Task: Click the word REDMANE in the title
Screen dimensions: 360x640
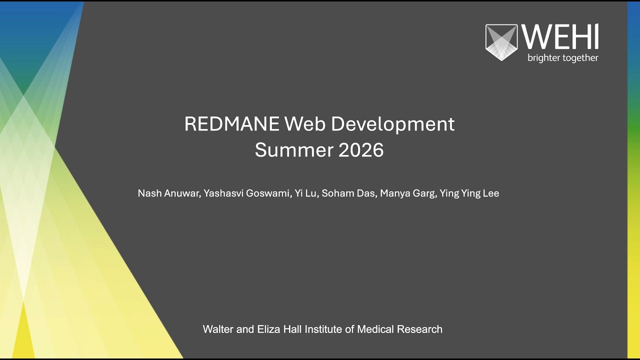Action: (231, 124)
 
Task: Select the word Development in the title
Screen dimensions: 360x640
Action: (392, 124)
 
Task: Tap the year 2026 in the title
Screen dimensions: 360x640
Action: (361, 150)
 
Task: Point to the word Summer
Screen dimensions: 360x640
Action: (294, 150)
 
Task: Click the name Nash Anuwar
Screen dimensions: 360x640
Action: (169, 193)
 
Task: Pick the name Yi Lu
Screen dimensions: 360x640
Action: (305, 193)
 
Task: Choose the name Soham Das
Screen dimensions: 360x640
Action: (348, 193)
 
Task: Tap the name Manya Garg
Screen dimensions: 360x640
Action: (407, 193)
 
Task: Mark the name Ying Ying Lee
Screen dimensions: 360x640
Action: (469, 193)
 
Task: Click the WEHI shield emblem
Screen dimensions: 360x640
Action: (501, 42)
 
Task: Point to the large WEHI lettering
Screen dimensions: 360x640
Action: (560, 37)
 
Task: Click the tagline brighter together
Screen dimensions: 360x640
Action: (562, 58)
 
